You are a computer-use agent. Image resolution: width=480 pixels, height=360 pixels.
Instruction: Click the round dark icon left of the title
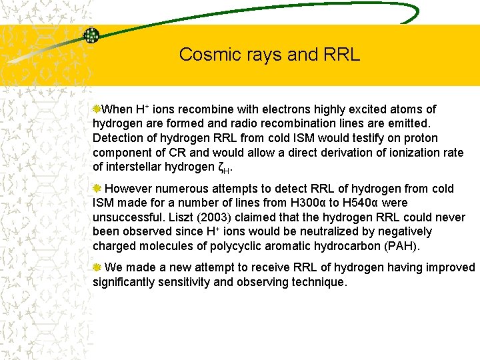91,35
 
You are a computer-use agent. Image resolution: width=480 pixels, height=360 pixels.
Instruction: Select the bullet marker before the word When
97,109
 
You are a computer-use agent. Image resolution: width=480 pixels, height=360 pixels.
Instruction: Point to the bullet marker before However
97,189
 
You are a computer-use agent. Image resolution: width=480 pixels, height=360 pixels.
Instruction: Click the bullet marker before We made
97,267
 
